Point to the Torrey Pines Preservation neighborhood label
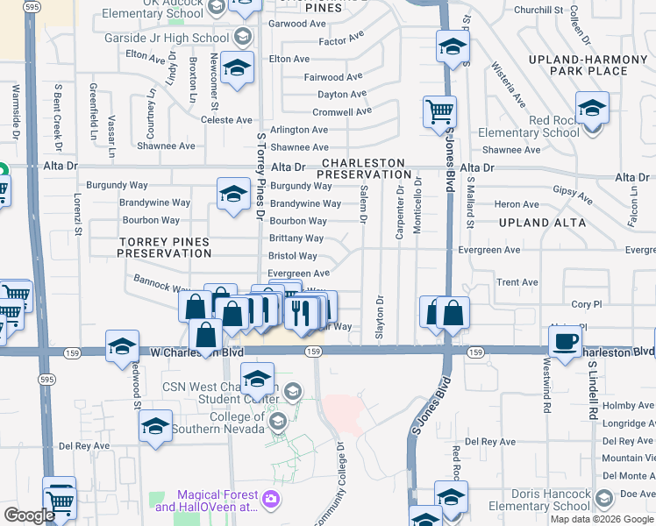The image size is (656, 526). (165, 247)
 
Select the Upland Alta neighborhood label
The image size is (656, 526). (541, 223)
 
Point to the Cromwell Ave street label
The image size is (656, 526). (342, 112)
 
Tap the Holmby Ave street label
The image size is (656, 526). (629, 405)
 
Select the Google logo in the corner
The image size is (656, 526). (29, 515)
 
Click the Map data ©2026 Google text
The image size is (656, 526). (601, 519)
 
